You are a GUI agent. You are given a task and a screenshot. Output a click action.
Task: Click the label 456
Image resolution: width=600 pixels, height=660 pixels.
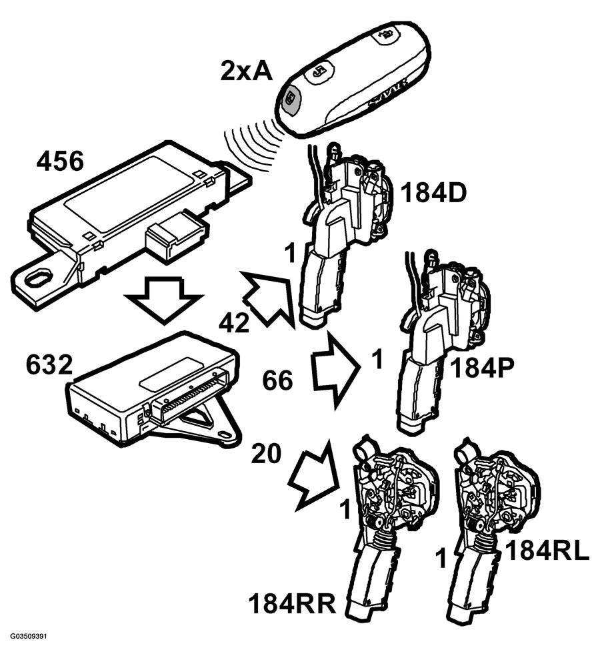pyautogui.click(x=60, y=161)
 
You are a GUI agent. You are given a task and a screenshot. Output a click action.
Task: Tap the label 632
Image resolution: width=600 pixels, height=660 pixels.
pyautogui.click(x=49, y=364)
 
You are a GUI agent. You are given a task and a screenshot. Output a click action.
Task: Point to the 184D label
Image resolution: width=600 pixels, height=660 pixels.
pyautogui.click(x=433, y=193)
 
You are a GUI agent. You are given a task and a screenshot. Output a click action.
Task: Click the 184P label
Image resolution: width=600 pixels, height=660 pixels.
pyautogui.click(x=482, y=369)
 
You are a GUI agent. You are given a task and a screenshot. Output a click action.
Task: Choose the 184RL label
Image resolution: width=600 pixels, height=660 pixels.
pyautogui.click(x=547, y=551)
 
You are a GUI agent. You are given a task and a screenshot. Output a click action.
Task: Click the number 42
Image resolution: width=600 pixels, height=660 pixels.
pyautogui.click(x=234, y=323)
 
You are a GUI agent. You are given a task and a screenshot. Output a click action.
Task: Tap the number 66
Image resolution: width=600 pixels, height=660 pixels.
pyautogui.click(x=277, y=380)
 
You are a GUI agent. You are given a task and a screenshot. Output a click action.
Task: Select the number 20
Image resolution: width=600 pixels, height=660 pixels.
pyautogui.click(x=266, y=454)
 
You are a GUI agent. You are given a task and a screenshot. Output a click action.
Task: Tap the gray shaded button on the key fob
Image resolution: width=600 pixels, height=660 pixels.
pyautogui.click(x=290, y=99)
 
